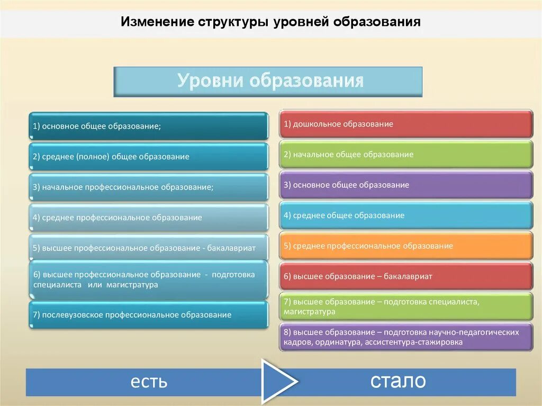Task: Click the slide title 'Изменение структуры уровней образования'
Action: [x=270, y=22]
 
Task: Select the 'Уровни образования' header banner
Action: [x=268, y=82]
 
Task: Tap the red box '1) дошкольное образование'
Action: [x=406, y=124]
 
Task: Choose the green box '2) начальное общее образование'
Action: [x=406, y=155]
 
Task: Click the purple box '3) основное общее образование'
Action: [x=406, y=185]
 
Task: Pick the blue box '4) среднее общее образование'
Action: [x=406, y=215]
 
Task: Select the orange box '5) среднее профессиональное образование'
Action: [x=406, y=246]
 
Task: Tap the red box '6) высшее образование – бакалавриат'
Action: [x=406, y=276]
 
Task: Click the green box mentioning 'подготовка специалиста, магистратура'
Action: [x=406, y=306]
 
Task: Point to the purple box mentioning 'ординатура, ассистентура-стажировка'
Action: [x=406, y=337]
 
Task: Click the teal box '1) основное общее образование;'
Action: [x=148, y=126]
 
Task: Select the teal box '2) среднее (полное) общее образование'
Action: [x=148, y=157]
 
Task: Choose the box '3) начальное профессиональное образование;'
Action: [x=148, y=187]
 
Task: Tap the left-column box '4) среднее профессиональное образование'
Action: [x=148, y=218]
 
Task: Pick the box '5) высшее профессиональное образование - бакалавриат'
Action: [x=148, y=248]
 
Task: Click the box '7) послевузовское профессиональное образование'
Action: [x=148, y=315]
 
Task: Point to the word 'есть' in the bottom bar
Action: [x=149, y=381]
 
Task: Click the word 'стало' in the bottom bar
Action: [x=398, y=381]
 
